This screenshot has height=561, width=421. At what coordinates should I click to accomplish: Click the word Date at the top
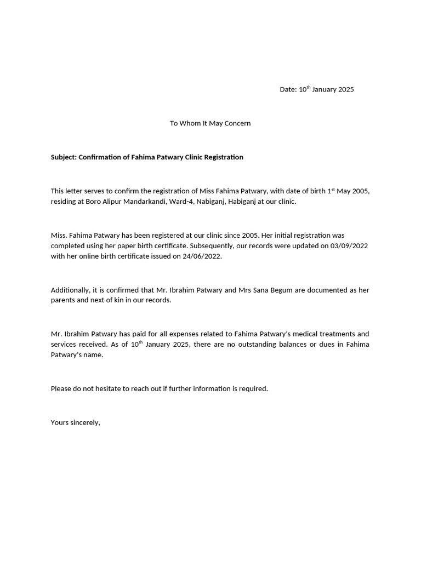tap(288, 89)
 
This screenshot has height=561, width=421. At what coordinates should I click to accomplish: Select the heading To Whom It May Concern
tap(210, 123)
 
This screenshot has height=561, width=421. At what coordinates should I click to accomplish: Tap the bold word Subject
tap(64, 157)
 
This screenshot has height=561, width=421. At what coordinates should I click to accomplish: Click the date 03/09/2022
tap(349, 246)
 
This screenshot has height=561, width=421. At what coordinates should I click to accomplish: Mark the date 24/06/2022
tap(202, 256)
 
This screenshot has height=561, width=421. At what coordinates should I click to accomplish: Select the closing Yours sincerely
tap(75, 422)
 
